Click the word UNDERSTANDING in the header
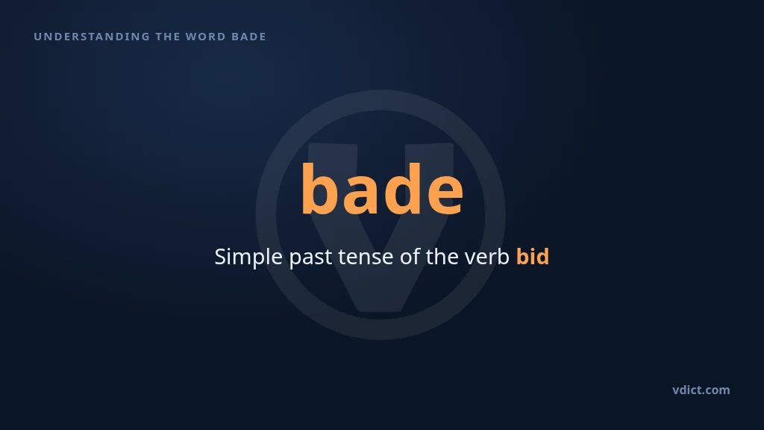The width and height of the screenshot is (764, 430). [92, 37]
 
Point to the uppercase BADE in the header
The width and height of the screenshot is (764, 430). [248, 37]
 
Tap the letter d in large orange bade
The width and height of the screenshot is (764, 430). [402, 187]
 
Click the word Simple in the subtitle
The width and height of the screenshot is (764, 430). [248, 257]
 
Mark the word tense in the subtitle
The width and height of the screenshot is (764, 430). [366, 258]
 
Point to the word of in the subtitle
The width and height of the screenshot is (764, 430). [410, 257]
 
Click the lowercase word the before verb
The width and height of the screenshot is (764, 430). [442, 257]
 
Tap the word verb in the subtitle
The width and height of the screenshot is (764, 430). [486, 257]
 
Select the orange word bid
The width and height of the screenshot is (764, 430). [533, 257]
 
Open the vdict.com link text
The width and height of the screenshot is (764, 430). [701, 390]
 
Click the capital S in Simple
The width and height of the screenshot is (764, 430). [221, 257]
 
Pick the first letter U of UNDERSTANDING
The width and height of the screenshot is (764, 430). [37, 37]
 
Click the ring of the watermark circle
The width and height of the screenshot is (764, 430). [266, 214]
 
